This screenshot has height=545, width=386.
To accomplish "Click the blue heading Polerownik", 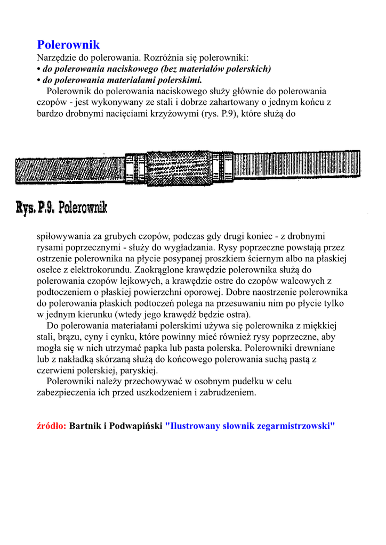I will (68, 45).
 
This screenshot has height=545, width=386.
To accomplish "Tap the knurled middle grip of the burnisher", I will (178, 168).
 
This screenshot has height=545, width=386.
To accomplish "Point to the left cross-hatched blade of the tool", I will (69, 170).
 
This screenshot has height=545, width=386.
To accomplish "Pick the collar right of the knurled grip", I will (222, 167).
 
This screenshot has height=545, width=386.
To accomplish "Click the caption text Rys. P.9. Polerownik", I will (62, 207).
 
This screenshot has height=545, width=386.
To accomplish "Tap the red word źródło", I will (51, 426).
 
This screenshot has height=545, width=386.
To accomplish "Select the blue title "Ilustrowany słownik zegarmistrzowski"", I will (250, 426).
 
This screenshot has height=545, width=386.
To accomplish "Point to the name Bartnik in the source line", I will (85, 426).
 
